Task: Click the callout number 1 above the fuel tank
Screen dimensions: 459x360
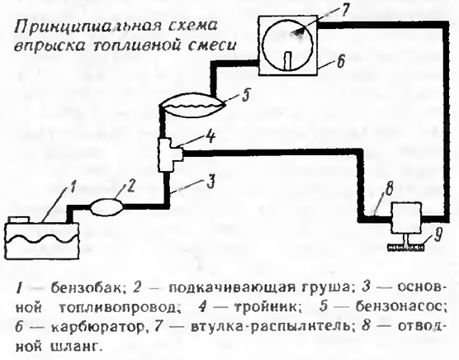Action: [72, 187]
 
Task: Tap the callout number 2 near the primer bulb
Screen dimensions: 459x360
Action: [131, 186]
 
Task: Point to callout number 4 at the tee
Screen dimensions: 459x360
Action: [211, 136]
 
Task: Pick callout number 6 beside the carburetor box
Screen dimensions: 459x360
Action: [340, 61]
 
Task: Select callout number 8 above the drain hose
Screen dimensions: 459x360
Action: [388, 190]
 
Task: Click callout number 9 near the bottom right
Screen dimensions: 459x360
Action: [438, 235]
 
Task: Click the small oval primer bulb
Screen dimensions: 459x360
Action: [106, 207]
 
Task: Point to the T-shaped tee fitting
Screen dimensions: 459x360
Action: [169, 155]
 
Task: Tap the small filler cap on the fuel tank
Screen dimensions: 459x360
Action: [19, 220]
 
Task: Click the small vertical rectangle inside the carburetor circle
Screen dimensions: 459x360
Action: [288, 61]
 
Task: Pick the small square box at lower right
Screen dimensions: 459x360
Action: [407, 218]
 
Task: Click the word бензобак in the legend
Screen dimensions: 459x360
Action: [86, 288]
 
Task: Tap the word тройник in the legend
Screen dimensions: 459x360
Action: [266, 307]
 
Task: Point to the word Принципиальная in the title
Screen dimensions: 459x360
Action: [87, 28]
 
